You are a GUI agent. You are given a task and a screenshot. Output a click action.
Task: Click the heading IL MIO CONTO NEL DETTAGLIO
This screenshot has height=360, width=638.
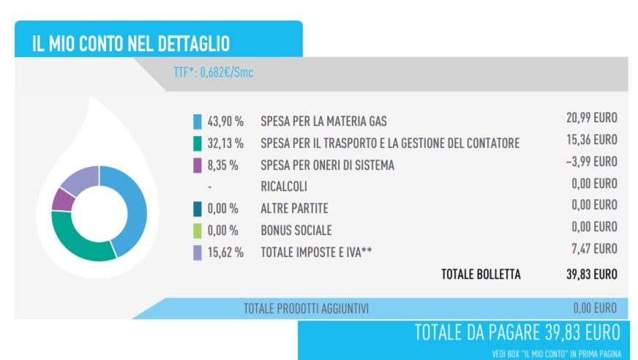tap(130, 43)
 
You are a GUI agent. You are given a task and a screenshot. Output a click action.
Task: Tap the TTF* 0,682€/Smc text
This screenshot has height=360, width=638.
tap(209, 73)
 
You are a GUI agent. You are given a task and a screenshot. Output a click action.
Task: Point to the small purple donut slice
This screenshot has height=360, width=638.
tap(62, 200)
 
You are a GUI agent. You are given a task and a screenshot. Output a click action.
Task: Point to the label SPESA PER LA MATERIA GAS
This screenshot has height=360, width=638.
tap(323, 121)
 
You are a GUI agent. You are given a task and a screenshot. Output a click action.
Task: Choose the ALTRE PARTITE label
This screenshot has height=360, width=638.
tap(294, 209)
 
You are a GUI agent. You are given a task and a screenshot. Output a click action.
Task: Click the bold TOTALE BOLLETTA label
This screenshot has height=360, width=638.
tap(481, 274)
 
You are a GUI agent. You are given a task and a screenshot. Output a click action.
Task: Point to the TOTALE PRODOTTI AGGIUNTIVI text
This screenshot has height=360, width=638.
tap(306, 309)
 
